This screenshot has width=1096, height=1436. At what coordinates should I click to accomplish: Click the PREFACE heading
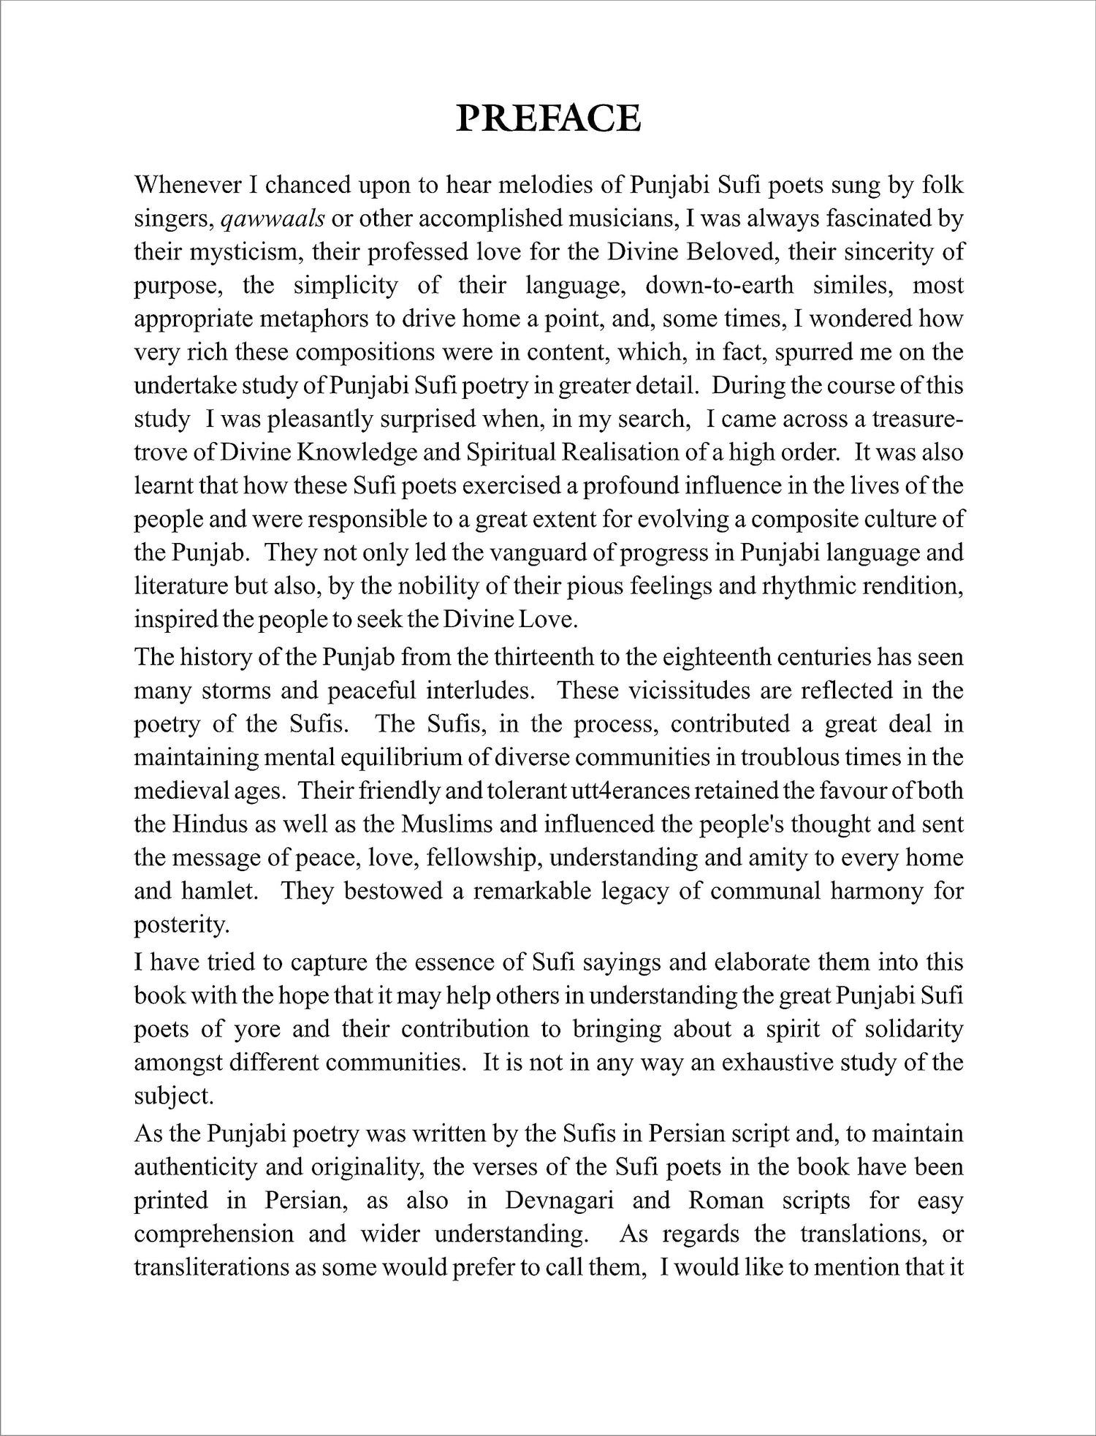(x=548, y=118)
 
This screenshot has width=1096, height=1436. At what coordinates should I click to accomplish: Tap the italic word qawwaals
(x=273, y=219)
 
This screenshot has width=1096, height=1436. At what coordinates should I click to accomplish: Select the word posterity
(x=182, y=924)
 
